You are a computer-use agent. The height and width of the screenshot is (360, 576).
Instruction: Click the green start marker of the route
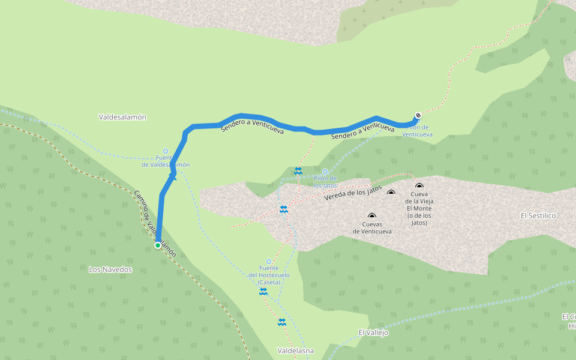[x=158, y=245]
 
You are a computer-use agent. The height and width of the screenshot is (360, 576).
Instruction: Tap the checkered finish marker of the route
[x=418, y=116]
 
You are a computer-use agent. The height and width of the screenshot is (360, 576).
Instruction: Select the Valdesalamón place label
[x=122, y=118]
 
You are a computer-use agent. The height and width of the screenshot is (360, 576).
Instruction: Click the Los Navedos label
[x=110, y=269]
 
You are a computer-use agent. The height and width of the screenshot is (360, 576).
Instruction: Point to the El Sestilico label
[x=538, y=215]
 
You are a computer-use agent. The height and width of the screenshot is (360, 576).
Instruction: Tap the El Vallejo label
[x=373, y=332]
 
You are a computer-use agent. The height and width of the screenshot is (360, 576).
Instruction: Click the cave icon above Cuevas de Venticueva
[x=372, y=216]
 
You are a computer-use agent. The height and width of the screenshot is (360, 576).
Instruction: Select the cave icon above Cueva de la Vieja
[x=419, y=186]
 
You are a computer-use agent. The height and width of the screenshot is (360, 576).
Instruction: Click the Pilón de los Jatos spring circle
[x=325, y=172]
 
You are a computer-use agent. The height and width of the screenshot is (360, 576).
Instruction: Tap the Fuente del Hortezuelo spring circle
[x=269, y=262]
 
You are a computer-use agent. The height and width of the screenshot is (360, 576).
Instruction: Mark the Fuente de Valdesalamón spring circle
[x=166, y=152]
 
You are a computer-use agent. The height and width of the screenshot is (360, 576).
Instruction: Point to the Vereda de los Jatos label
[x=353, y=193]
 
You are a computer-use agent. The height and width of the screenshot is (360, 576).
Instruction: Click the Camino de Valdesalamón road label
[x=155, y=224]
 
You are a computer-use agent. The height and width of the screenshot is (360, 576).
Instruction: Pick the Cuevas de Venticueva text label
[x=372, y=227]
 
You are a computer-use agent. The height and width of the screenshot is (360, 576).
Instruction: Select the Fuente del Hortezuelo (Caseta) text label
[x=269, y=275]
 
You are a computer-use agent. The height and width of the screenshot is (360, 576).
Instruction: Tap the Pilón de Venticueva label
[x=417, y=131]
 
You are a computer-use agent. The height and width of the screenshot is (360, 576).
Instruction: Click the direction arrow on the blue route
[x=173, y=176]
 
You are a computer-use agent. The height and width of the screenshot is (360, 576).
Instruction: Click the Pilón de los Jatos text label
[x=325, y=182]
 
